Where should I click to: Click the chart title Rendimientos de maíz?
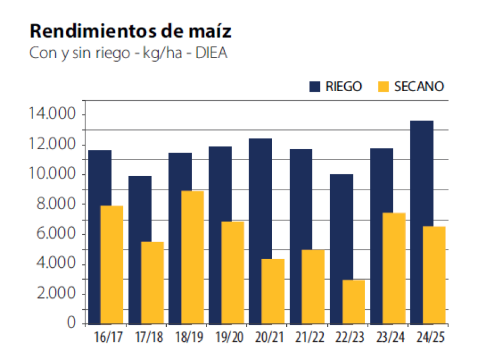click(130, 31)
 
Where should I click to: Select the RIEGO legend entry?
click(336, 87)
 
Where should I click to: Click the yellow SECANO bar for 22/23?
click(353, 301)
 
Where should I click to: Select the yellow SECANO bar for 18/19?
click(192, 256)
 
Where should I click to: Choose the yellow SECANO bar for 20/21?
click(273, 291)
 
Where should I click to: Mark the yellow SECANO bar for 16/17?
click(111, 264)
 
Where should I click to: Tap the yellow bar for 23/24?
click(393, 268)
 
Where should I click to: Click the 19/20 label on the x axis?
click(230, 338)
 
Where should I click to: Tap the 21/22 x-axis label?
click(311, 338)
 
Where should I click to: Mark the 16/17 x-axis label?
click(108, 338)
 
